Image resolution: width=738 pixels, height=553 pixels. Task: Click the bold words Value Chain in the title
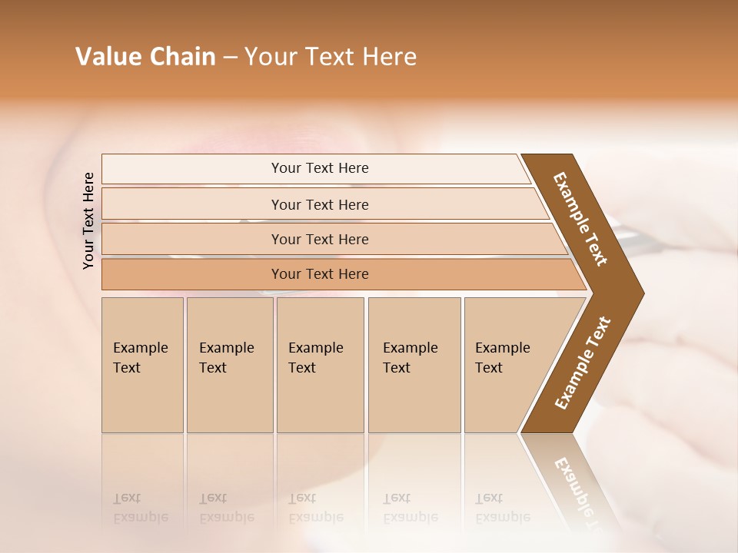(145, 57)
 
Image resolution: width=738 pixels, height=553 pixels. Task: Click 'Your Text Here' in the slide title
(331, 57)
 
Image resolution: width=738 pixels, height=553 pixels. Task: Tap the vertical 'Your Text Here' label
(88, 220)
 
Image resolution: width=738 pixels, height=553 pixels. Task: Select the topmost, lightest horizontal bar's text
(320, 168)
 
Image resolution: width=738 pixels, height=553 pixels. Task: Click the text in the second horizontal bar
(320, 205)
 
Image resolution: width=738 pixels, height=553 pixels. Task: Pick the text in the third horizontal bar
(320, 240)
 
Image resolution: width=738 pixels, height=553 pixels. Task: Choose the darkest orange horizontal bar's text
(320, 274)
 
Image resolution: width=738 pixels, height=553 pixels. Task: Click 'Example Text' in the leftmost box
(140, 358)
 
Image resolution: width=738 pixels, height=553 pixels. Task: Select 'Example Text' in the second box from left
(226, 358)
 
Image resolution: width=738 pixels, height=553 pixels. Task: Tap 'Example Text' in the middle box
(315, 358)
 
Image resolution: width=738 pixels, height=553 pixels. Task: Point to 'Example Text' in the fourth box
(410, 358)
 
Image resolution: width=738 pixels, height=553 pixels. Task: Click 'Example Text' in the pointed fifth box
(502, 358)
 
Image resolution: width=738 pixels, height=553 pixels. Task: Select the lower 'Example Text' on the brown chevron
(583, 363)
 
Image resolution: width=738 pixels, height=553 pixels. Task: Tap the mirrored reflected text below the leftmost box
(140, 508)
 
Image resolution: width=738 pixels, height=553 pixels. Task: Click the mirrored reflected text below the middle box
(315, 508)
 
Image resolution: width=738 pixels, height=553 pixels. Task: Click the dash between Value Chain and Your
(230, 58)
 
